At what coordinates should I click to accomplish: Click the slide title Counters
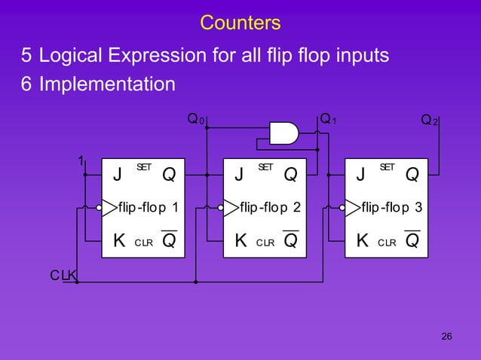tap(240, 23)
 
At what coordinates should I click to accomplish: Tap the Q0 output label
tap(194, 119)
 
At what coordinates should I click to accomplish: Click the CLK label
tap(63, 276)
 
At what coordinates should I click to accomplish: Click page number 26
tap(446, 336)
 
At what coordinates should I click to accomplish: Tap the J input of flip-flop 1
tap(117, 175)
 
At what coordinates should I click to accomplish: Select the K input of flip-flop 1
tap(118, 241)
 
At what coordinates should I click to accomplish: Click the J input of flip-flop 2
tap(239, 175)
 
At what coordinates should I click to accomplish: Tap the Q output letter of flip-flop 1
tap(169, 175)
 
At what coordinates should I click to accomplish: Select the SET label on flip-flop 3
tap(387, 166)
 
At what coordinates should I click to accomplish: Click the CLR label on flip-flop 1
tap(143, 243)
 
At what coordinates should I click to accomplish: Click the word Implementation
tap(107, 83)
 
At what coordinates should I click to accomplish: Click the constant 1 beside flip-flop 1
tap(80, 160)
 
